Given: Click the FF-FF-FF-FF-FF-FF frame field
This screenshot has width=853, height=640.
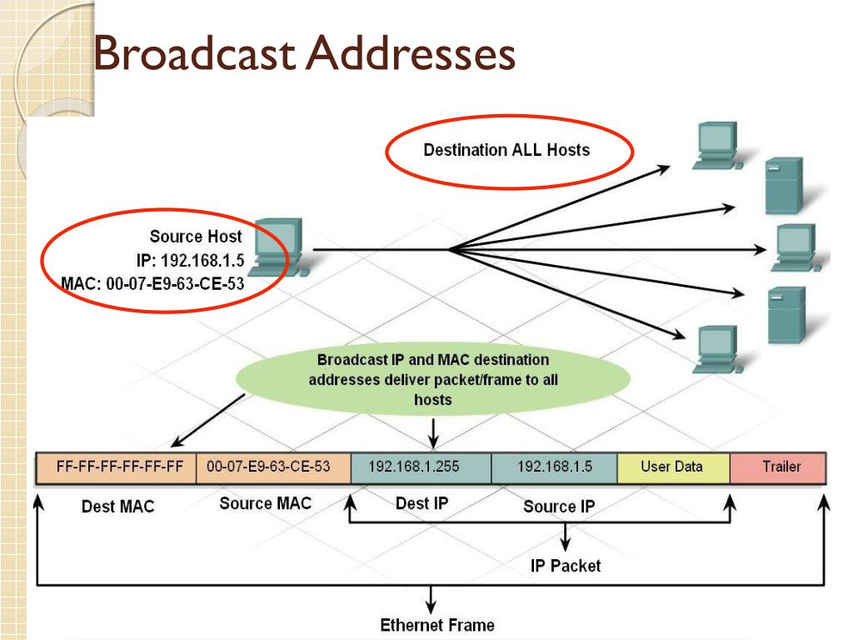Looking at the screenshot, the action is [x=116, y=467].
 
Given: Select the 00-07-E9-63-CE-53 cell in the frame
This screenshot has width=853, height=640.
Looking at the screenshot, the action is [x=273, y=467].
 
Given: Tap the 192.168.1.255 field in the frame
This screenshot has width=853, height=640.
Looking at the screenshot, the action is [x=421, y=467].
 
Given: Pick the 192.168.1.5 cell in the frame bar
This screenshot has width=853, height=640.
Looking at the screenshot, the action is [x=554, y=467].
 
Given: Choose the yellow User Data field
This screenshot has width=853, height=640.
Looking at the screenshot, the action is [x=673, y=467].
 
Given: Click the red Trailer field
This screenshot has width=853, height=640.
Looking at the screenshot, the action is [x=778, y=467].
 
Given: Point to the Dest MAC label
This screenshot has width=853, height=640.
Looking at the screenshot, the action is [x=118, y=507].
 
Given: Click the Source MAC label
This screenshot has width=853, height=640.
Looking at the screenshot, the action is [x=266, y=503].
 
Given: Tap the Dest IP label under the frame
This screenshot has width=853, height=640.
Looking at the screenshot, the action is [x=422, y=503].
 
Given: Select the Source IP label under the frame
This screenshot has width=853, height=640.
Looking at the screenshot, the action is [x=559, y=507].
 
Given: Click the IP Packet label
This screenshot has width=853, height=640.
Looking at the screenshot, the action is [x=566, y=566].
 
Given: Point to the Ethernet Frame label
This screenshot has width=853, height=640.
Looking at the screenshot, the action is [x=437, y=625].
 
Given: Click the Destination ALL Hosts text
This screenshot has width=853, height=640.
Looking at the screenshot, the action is [x=506, y=150].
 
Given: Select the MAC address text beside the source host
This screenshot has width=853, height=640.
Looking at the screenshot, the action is [x=153, y=283].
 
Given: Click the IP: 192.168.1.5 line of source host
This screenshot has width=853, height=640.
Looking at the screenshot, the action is [x=191, y=260].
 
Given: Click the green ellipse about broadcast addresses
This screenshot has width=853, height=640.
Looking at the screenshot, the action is [x=433, y=379].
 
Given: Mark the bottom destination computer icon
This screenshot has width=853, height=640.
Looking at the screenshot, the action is [x=717, y=349].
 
